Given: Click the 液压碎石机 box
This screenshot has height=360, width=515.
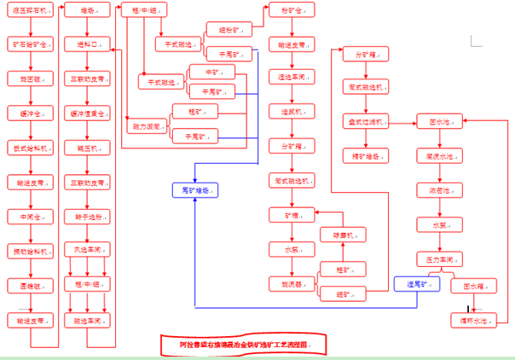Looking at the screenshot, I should (32, 10).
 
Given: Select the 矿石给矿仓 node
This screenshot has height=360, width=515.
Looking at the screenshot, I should (32, 43).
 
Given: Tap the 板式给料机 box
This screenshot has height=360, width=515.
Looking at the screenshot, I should (32, 146).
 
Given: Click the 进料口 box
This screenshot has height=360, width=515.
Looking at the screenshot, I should (89, 44).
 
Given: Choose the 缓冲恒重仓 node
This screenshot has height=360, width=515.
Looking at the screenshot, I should (89, 113).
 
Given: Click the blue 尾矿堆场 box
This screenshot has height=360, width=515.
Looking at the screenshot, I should (195, 190).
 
